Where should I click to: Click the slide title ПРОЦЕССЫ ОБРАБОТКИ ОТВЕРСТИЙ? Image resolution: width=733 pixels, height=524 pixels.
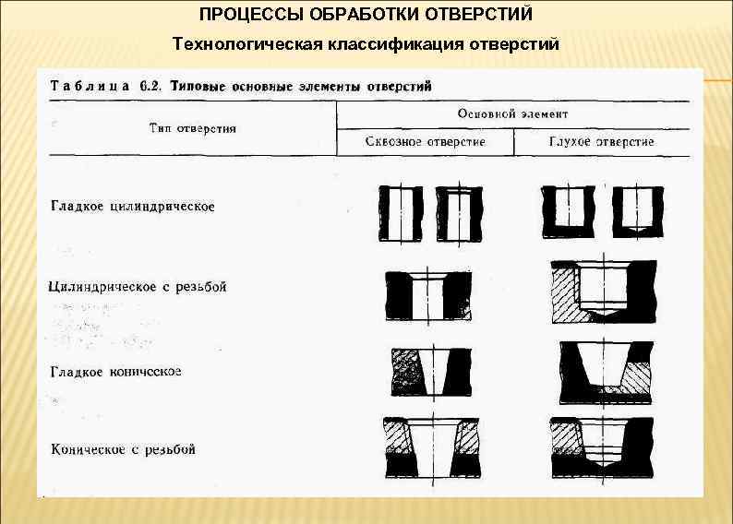pyautogui.click(x=366, y=16)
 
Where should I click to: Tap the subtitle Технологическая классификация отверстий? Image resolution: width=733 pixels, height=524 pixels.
pyautogui.click(x=366, y=44)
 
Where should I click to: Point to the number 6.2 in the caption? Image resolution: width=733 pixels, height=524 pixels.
pyautogui.click(x=150, y=86)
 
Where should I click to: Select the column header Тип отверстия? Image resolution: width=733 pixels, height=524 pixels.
pyautogui.click(x=193, y=128)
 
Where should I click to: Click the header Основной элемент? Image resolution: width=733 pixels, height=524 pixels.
pyautogui.click(x=512, y=113)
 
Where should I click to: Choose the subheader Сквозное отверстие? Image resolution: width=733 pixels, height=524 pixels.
pyautogui.click(x=425, y=142)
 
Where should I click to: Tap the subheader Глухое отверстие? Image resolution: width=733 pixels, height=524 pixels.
pyautogui.click(x=601, y=142)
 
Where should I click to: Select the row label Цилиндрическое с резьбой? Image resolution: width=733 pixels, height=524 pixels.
pyautogui.click(x=138, y=287)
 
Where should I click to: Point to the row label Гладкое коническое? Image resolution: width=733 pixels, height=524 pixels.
pyautogui.click(x=115, y=371)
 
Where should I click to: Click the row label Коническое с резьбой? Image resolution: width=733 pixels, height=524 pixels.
pyautogui.click(x=123, y=450)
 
